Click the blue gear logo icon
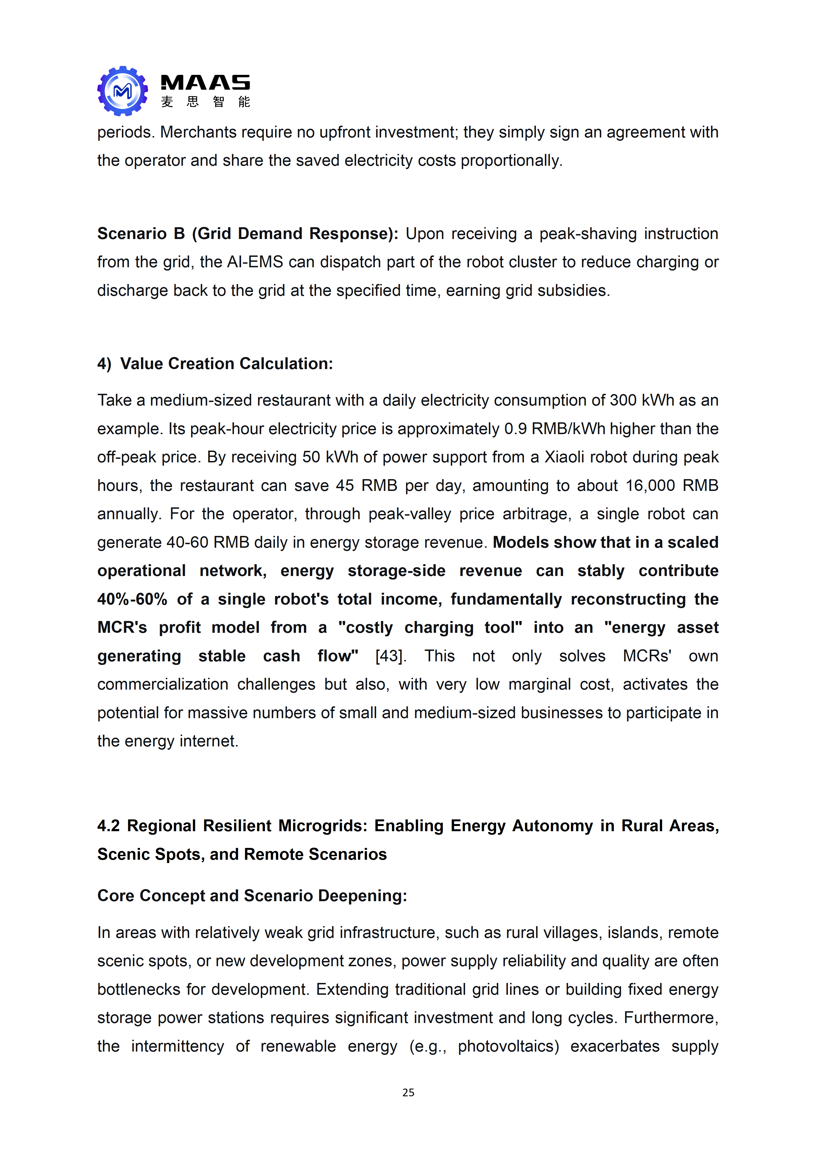point(122,91)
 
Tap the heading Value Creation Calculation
point(226,364)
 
